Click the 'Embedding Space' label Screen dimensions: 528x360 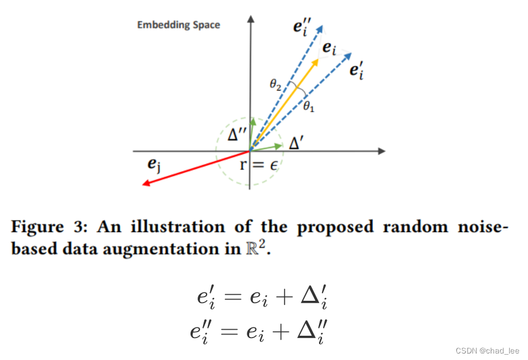178,25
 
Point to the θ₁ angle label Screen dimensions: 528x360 308,107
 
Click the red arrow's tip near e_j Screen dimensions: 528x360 144,184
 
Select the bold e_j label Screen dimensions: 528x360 153,163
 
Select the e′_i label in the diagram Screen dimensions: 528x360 356,71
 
